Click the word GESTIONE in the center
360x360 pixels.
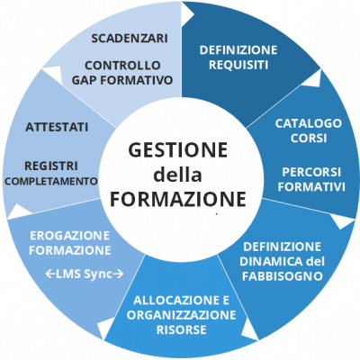(177, 150)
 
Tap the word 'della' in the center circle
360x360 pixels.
(177, 175)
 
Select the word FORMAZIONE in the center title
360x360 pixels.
(178, 199)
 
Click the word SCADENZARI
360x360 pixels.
(130, 39)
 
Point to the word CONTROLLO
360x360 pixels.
(122, 65)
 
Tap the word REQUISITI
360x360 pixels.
(238, 65)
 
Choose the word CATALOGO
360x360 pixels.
(309, 123)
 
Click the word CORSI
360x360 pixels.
(309, 139)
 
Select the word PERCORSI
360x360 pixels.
(311, 172)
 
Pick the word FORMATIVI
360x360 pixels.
(311, 187)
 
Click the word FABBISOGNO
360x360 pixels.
(283, 276)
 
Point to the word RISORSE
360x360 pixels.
(182, 330)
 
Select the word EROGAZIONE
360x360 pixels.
(70, 236)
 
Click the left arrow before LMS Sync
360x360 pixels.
(50, 274)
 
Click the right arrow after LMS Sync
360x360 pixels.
(119, 274)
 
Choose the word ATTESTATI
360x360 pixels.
(57, 127)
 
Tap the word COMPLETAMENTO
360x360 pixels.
(51, 181)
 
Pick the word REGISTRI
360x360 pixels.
(51, 166)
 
